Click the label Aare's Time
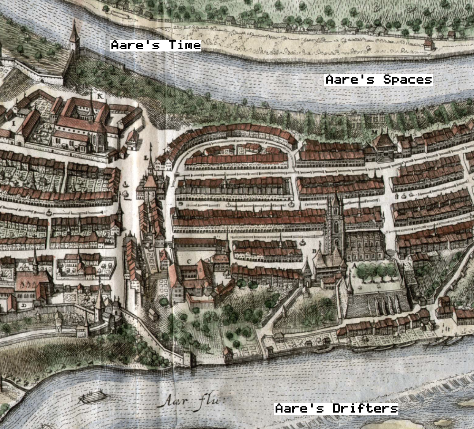[156, 45]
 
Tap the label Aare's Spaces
[379, 80]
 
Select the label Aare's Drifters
[336, 408]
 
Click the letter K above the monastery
[100, 96]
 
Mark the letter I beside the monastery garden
[14, 123]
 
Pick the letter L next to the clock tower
[146, 158]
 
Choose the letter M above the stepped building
[374, 131]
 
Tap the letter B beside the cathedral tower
[314, 251]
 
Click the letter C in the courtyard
[189, 261]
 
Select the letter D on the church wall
[24, 305]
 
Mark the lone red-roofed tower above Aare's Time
[74, 37]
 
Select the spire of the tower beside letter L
[150, 166]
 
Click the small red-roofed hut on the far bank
[429, 45]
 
